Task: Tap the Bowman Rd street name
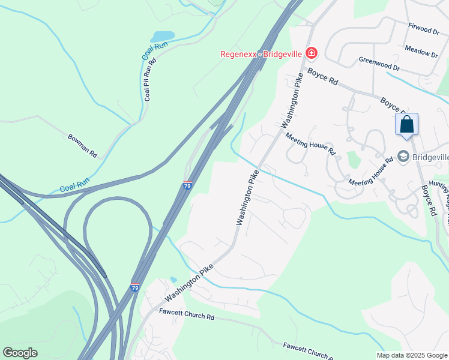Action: [x=82, y=145]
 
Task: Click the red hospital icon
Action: [x=311, y=53]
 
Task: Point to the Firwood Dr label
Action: [x=424, y=29]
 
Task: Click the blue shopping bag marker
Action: [x=406, y=125]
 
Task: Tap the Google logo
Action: [x=20, y=353]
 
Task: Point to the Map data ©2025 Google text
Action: [x=412, y=355]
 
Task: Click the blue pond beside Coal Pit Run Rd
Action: [x=162, y=38]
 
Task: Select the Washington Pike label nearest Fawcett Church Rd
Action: [x=189, y=285]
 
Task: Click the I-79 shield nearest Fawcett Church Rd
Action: [x=134, y=288]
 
